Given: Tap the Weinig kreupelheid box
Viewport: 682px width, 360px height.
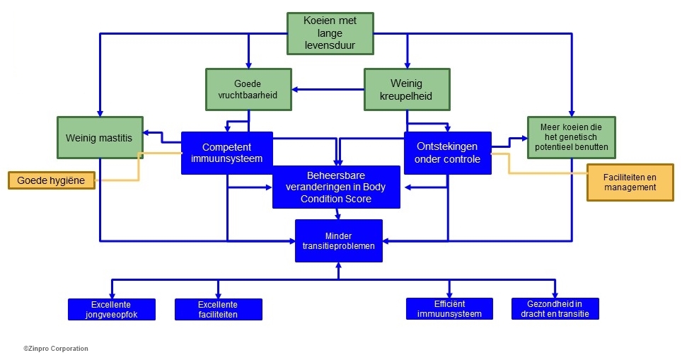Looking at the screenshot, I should coord(407,89).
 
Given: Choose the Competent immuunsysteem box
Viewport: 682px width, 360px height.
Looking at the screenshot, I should coord(226,153).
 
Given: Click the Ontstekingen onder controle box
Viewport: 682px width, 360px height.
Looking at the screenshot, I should coord(447,153).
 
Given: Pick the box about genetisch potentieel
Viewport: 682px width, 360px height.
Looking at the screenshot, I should coord(571,138).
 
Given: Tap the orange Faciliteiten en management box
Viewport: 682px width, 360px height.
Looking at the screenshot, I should coord(630,182).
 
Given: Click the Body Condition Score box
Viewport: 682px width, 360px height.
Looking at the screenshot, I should coord(336,187).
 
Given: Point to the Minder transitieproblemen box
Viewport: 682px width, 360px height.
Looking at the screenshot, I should coord(338,240).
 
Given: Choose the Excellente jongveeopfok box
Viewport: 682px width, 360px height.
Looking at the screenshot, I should coord(111,309).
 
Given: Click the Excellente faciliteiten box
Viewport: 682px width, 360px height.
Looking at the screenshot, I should coord(218,309).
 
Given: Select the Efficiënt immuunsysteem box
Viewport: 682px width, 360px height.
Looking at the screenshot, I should coord(449,309).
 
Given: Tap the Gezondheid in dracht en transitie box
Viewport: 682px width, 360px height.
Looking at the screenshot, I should coord(555,309).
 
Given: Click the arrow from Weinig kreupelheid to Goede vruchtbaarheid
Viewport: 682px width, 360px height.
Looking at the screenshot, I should coord(329,89).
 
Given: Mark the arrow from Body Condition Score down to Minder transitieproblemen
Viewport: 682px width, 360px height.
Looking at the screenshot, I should coord(338,214).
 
